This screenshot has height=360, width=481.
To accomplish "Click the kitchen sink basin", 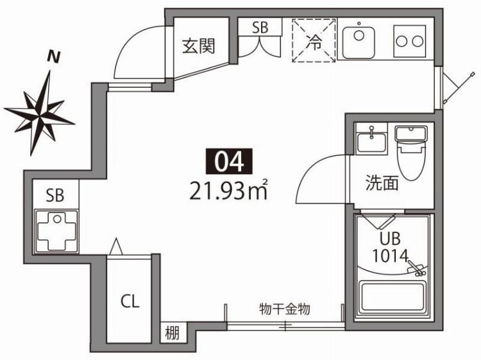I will tap(359, 42).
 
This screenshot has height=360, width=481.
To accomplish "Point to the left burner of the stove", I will tap(403, 42).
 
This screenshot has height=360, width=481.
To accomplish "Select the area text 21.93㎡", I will tap(228, 190).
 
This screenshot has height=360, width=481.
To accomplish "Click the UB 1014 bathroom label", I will tap(390, 247).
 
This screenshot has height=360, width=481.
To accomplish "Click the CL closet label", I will tap(130, 302).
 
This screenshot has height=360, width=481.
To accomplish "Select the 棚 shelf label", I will tap(172, 333).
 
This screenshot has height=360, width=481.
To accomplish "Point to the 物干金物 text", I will tap(285, 309).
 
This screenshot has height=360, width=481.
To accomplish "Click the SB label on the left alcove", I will tap(54, 195).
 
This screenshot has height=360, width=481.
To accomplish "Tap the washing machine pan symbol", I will tap(56, 229).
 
